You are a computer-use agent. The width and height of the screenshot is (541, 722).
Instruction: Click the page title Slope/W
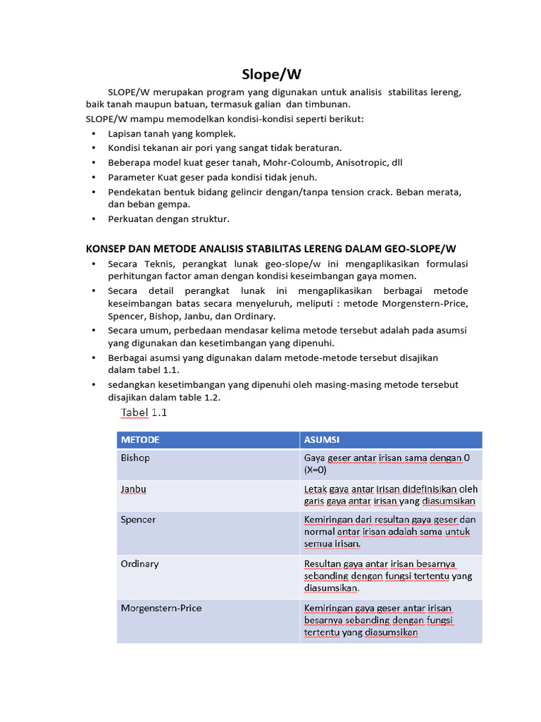click(270, 75)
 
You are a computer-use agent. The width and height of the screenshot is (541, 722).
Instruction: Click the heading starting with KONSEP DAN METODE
click(270, 248)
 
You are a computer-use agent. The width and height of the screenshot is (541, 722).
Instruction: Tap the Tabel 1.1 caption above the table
click(144, 412)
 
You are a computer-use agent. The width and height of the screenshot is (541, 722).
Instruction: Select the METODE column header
click(140, 440)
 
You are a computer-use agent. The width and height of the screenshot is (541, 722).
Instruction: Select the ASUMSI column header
click(321, 440)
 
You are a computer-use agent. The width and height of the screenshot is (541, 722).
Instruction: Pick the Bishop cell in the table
click(135, 458)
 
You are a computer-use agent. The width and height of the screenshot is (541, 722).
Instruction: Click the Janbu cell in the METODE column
click(134, 489)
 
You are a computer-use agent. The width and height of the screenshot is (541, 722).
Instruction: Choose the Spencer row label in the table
click(138, 519)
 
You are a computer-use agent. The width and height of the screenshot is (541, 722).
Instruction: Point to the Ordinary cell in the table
click(139, 563)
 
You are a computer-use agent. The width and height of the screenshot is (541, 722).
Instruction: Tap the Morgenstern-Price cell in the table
click(161, 608)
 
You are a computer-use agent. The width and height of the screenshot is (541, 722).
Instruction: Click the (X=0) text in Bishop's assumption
click(316, 470)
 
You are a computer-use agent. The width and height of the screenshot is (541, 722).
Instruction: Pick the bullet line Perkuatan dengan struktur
click(168, 219)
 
